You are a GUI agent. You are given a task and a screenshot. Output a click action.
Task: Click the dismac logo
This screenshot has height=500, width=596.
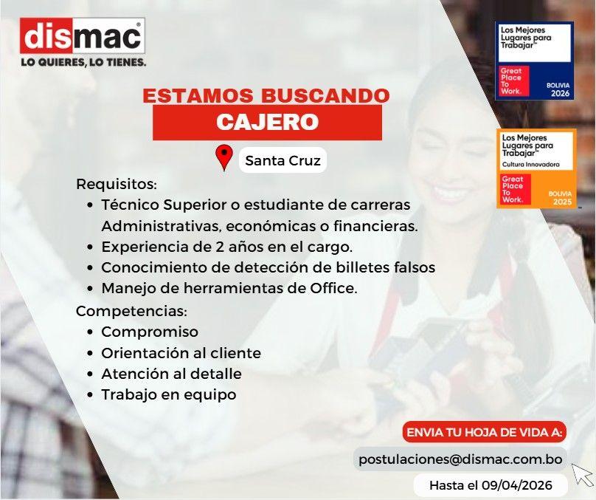(x=83, y=35)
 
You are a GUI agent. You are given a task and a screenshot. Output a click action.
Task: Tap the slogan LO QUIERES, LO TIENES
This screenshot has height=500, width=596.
(x=83, y=62)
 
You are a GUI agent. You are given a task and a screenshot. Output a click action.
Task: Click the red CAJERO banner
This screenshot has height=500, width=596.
(x=267, y=122)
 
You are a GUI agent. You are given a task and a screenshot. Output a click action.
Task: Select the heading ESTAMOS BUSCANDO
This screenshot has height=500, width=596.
(x=266, y=95)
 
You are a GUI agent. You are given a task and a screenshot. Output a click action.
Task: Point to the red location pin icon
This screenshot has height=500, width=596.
(x=224, y=157)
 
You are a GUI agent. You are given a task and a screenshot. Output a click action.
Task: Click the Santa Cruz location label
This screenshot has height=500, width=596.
(x=283, y=160)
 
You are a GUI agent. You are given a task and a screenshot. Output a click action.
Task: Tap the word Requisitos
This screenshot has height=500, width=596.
(x=117, y=184)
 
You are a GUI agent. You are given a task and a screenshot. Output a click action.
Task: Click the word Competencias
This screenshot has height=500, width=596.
(x=131, y=311)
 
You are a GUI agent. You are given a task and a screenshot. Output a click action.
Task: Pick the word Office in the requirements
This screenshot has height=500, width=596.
(x=333, y=288)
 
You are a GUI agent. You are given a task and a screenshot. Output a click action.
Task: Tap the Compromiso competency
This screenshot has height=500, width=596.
(x=150, y=332)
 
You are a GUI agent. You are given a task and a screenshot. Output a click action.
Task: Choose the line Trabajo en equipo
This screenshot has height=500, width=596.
(x=168, y=394)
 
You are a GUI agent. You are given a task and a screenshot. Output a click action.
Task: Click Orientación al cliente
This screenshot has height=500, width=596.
(x=181, y=353)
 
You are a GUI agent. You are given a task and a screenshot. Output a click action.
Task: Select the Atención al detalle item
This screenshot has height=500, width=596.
(x=171, y=374)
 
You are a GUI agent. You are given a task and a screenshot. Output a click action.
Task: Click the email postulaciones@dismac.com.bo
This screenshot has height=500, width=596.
(x=460, y=459)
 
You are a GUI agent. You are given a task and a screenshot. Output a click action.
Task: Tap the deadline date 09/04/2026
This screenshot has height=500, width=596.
(x=517, y=485)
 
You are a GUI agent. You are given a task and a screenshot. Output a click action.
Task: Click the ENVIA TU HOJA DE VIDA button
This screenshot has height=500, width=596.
(x=484, y=432)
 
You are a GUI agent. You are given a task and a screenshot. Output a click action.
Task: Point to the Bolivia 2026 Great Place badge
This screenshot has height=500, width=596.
(x=535, y=61)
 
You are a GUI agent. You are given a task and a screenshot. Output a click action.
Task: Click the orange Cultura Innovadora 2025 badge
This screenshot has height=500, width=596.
(x=536, y=168)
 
